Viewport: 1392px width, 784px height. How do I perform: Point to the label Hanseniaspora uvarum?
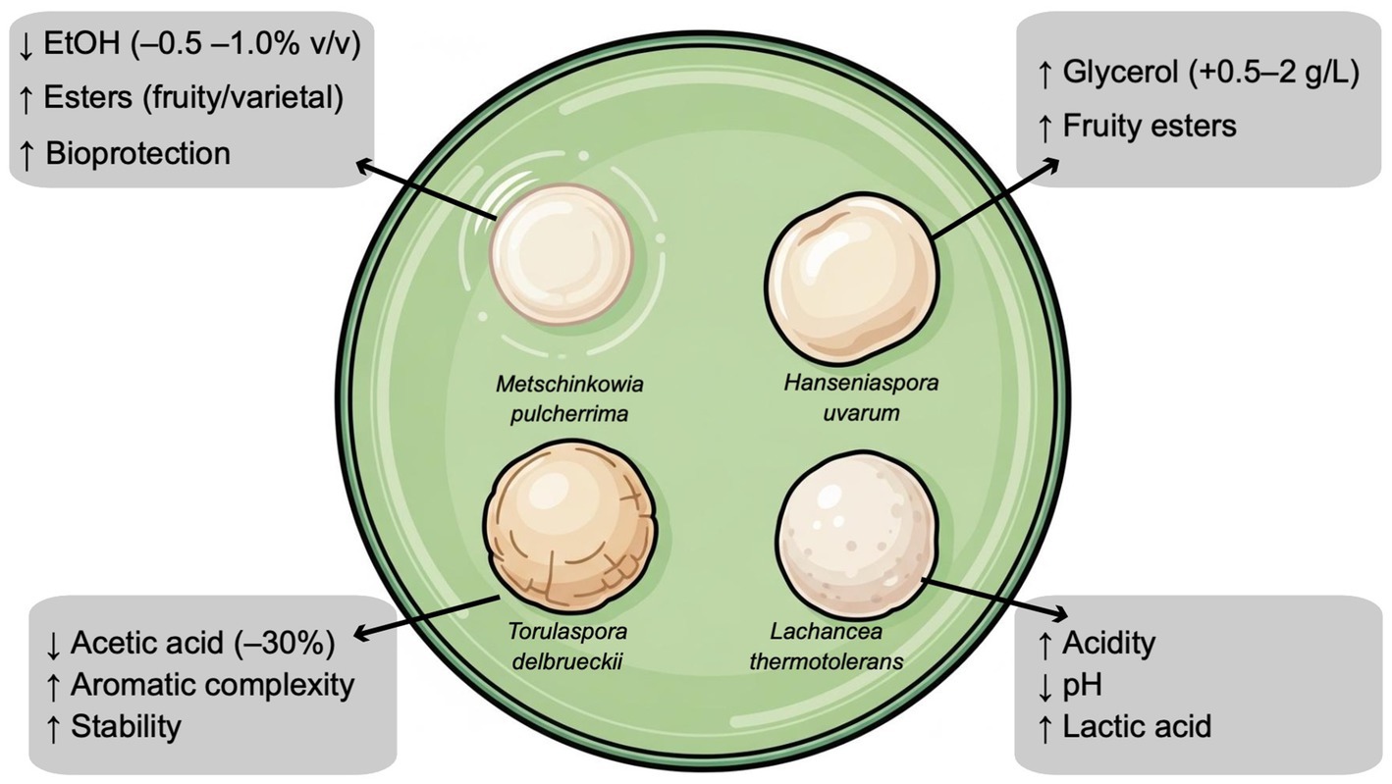click(860, 396)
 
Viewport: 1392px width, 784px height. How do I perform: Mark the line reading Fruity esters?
click(1150, 126)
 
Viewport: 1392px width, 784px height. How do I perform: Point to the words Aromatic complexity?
click(212, 685)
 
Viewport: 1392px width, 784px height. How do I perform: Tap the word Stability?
click(126, 726)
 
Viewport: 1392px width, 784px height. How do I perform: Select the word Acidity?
click(1110, 644)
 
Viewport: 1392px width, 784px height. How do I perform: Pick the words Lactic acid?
click(1138, 726)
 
